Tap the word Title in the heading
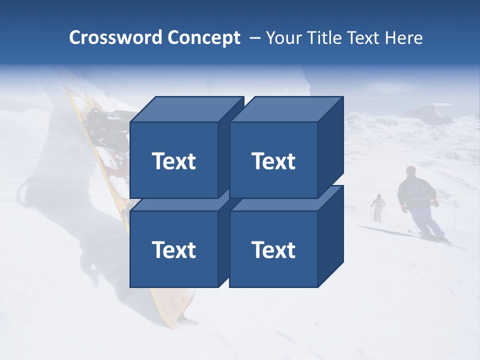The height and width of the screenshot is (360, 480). click(x=323, y=38)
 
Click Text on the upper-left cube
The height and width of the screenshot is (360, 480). click(x=173, y=161)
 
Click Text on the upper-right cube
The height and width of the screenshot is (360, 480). click(x=273, y=161)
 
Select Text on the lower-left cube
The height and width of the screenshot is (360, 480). click(x=173, y=249)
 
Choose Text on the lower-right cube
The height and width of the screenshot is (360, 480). click(x=273, y=249)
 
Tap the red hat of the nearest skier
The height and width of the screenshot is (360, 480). click(x=411, y=169)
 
